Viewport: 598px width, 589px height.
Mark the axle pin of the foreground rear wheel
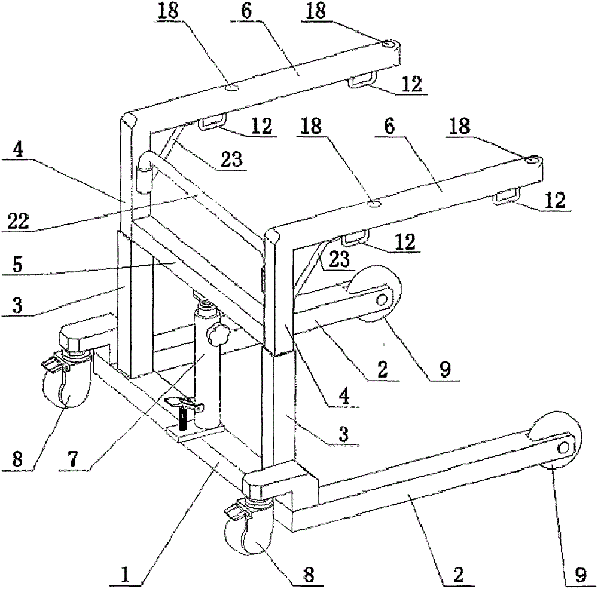[x=563, y=447]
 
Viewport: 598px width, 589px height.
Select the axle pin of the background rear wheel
[x=381, y=300]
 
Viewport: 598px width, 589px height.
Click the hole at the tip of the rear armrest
[x=388, y=44]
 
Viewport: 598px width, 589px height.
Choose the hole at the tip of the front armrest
[x=532, y=160]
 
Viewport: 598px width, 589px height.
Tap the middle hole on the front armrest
[x=374, y=205]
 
